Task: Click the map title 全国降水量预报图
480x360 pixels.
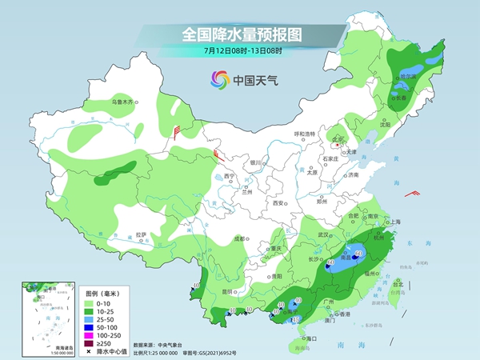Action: (240, 34)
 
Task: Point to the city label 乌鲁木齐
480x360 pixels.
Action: (124, 102)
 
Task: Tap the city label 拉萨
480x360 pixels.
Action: (142, 234)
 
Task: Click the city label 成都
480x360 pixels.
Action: (238, 238)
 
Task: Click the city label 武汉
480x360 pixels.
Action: (323, 234)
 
